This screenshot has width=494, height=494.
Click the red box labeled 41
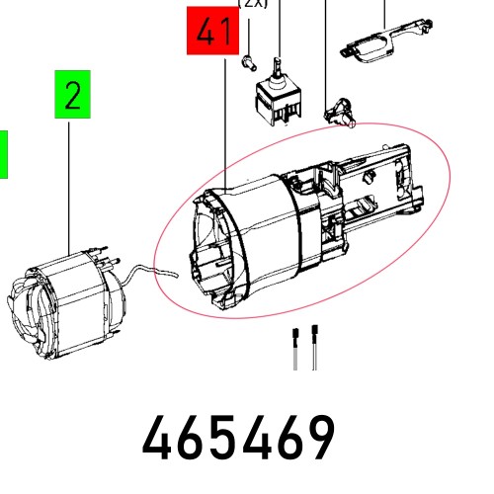(212, 34)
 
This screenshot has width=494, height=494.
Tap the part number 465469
(239, 438)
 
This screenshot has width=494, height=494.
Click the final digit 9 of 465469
(318, 438)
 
